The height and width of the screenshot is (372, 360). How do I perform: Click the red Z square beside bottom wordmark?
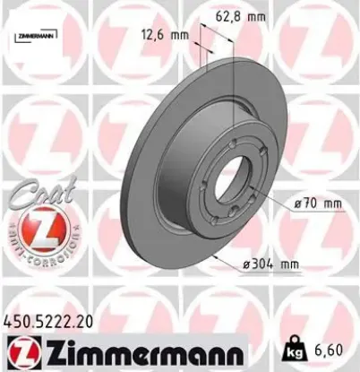coord(19,350)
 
